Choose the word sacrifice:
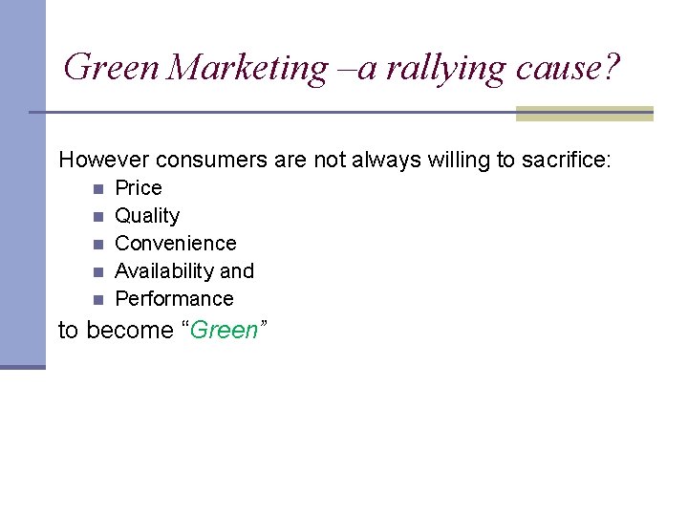click(567, 160)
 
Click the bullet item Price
click(139, 187)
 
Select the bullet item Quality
click(147, 216)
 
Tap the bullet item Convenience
click(176, 244)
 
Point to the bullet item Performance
click(174, 299)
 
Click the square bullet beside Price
click(97, 188)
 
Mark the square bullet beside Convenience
click(97, 244)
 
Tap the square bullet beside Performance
click(97, 299)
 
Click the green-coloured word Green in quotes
click(225, 331)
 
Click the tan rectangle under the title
click(584, 114)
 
